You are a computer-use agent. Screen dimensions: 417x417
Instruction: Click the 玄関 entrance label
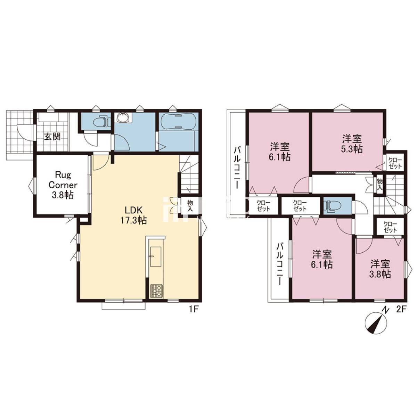click(x=52, y=137)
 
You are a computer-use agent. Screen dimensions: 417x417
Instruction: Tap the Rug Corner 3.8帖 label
click(x=63, y=185)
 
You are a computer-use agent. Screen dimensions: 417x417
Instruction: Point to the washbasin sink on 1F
click(x=123, y=118)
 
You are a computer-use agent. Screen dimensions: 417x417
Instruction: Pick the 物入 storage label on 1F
click(x=190, y=206)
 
